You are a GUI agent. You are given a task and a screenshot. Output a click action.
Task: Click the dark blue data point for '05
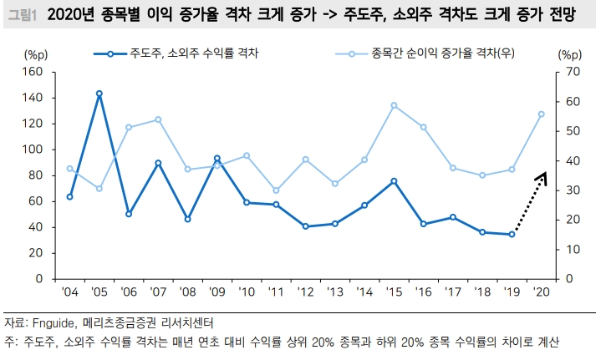[x=99, y=94]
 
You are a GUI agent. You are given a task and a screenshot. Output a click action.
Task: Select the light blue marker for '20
[x=541, y=114]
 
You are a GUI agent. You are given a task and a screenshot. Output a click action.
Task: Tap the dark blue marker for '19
[x=512, y=235]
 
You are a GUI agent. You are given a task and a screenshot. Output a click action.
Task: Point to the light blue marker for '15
[x=394, y=105]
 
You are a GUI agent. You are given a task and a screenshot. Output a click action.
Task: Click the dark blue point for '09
[x=217, y=158]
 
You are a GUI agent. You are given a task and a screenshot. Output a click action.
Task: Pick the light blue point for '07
[x=158, y=119]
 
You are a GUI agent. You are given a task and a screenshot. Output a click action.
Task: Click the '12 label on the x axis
[x=305, y=292]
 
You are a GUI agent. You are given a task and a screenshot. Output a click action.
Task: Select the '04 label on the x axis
[x=69, y=292]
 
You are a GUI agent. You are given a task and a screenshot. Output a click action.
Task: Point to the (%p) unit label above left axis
[x=38, y=54]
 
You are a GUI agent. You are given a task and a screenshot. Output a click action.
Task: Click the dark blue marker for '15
[x=394, y=180]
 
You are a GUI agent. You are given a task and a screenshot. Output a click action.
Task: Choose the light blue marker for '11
[x=276, y=190]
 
